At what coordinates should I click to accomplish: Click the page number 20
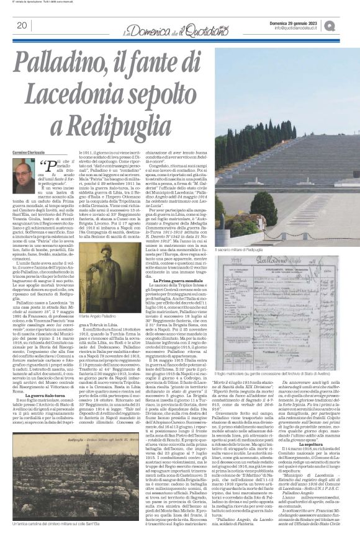[x=20, y=25]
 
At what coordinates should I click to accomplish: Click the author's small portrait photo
[x=24, y=177]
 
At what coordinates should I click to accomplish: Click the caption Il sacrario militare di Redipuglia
[x=262, y=249]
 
